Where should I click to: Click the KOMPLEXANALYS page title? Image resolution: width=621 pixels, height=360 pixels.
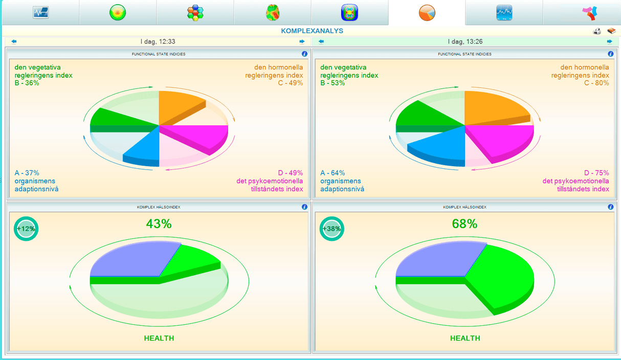312,31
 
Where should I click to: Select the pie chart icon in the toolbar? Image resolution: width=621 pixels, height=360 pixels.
427,13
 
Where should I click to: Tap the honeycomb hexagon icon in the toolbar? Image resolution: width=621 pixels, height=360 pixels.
195,13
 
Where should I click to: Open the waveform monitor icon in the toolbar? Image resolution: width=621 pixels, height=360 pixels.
40,13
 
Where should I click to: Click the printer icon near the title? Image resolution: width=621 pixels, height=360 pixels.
597,31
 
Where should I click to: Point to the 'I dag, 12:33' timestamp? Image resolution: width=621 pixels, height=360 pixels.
158,41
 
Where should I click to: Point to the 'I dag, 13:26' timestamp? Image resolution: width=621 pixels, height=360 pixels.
465,41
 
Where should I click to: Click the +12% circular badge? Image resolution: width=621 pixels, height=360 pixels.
26,229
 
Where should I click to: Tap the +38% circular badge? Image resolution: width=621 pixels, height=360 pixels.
332,229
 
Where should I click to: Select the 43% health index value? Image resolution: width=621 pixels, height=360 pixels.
159,223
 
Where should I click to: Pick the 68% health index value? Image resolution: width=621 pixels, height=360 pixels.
464,223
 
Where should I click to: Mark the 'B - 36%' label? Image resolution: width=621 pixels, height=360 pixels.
27,83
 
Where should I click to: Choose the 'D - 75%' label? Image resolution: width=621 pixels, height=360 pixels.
596,173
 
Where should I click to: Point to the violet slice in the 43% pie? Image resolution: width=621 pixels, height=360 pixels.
130,261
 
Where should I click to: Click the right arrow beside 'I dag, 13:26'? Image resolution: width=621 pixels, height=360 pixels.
610,41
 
